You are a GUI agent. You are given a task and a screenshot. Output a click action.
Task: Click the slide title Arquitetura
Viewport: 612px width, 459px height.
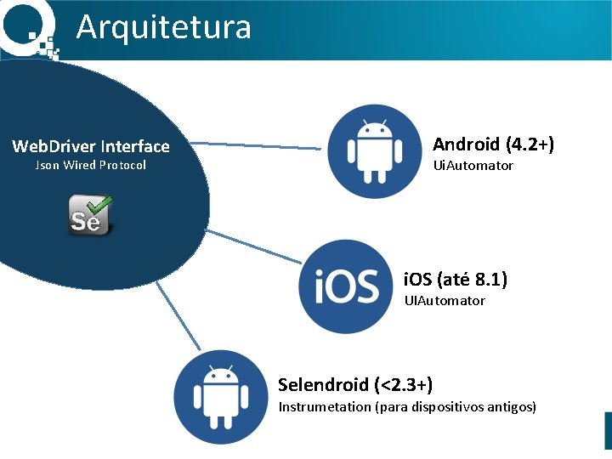164,27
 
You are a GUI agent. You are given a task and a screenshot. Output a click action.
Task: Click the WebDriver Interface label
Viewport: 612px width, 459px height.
91,146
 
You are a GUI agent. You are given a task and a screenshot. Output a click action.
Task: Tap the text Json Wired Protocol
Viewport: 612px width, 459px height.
91,165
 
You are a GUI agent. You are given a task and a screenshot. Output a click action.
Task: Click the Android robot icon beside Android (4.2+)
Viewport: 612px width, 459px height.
374,151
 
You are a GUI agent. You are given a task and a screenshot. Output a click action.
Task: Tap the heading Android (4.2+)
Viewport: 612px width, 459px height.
493,144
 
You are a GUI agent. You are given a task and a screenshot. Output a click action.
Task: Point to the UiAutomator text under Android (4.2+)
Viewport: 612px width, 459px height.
473,166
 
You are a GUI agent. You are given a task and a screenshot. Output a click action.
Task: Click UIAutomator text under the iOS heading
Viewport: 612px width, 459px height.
445,301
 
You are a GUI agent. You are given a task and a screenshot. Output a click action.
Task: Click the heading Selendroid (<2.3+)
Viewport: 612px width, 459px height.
355,385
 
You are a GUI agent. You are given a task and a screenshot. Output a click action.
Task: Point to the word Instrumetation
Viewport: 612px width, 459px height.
324,407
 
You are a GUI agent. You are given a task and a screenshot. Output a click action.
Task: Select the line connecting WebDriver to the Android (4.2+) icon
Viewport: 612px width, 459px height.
255,147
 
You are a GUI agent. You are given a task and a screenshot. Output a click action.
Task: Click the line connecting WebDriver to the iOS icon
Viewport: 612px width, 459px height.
255,246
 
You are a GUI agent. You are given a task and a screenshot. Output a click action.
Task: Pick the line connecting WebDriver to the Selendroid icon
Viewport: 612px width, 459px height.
178,319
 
